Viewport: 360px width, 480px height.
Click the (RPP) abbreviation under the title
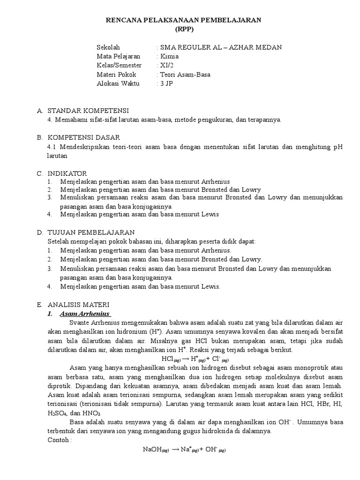[x=180, y=29]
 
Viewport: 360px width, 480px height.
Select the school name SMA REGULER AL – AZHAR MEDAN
[x=221, y=47]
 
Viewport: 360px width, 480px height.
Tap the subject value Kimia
[x=169, y=56]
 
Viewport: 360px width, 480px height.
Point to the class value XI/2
[x=166, y=65]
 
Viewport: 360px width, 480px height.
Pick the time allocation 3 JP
[x=166, y=83]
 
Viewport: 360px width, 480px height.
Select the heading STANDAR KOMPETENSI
[x=88, y=111]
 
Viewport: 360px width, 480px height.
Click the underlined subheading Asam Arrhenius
[x=85, y=313]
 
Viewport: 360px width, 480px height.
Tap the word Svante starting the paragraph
[x=78, y=322]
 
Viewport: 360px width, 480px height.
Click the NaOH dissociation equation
[x=184, y=450]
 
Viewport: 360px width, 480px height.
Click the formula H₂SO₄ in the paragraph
[x=55, y=413]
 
